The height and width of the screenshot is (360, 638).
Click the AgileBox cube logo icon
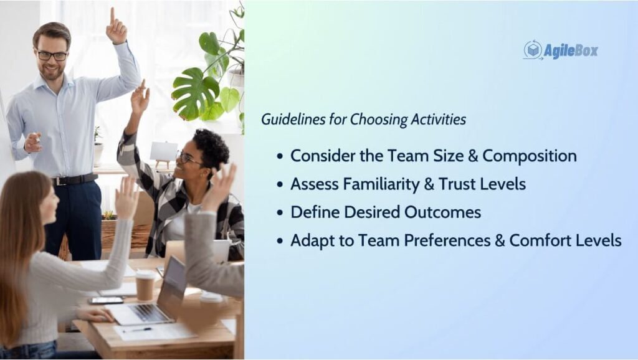click(x=533, y=50)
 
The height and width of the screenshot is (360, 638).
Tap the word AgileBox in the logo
click(x=571, y=51)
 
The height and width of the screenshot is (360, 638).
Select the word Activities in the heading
click(x=438, y=119)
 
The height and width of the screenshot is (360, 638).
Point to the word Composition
click(x=530, y=156)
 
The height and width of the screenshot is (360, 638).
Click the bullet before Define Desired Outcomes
click(x=280, y=213)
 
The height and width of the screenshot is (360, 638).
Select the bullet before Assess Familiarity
click(x=280, y=185)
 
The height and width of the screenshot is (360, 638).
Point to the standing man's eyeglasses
click(x=52, y=55)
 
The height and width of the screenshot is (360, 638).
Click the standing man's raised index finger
click(x=112, y=16)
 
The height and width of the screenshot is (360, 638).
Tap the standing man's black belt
click(x=75, y=179)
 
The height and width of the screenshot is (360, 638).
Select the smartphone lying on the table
click(x=106, y=300)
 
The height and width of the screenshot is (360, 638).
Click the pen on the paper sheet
click(x=137, y=330)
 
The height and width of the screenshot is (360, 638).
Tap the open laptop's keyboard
click(x=145, y=313)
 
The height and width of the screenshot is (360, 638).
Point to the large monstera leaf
click(x=195, y=94)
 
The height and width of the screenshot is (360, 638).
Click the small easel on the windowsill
click(x=164, y=154)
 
